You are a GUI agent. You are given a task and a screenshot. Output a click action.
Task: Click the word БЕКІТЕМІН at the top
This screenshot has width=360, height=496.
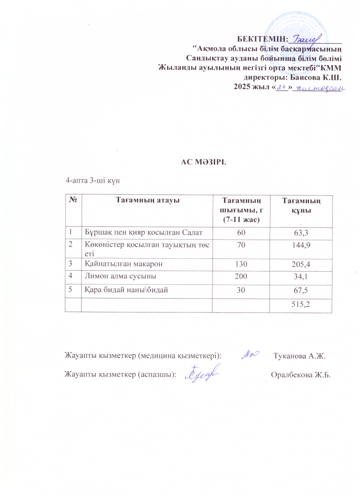pos(262,39)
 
